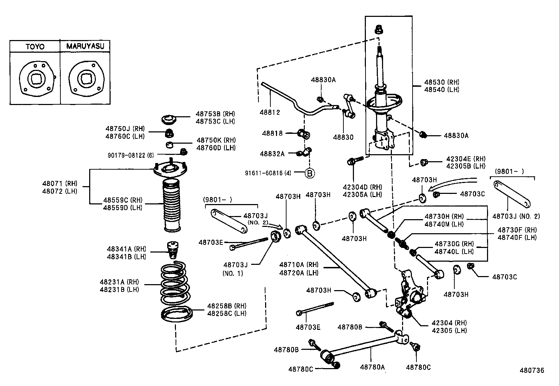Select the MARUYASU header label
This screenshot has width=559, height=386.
click(x=85, y=46)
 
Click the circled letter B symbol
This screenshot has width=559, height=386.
click(x=310, y=173)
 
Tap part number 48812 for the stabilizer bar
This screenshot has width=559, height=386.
click(x=270, y=112)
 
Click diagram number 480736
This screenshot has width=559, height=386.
click(x=532, y=370)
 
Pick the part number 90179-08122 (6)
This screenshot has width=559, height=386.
click(x=131, y=155)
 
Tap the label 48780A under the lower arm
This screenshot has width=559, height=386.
click(x=372, y=367)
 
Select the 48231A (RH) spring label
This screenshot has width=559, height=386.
click(x=119, y=282)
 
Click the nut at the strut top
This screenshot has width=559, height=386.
click(x=379, y=29)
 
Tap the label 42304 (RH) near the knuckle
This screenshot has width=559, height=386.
click(x=449, y=323)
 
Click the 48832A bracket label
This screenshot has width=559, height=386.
click(x=272, y=153)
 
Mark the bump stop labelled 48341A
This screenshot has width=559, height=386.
click(x=172, y=250)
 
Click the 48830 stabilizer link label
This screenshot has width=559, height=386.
click(x=343, y=137)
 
